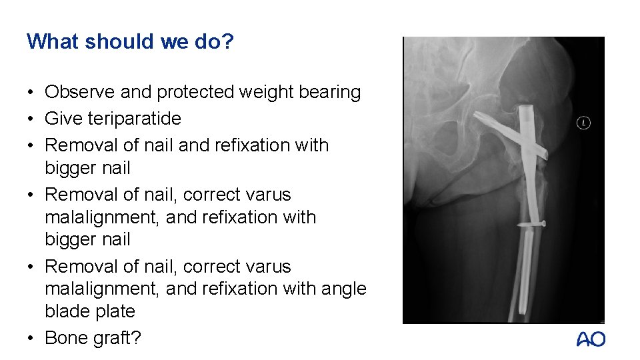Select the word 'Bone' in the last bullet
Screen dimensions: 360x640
click(65, 338)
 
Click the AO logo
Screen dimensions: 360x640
click(591, 339)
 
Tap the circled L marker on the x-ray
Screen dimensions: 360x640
click(584, 123)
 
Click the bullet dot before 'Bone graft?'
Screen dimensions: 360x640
click(31, 338)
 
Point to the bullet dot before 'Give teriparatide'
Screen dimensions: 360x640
click(31, 119)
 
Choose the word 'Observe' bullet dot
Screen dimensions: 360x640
click(31, 92)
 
